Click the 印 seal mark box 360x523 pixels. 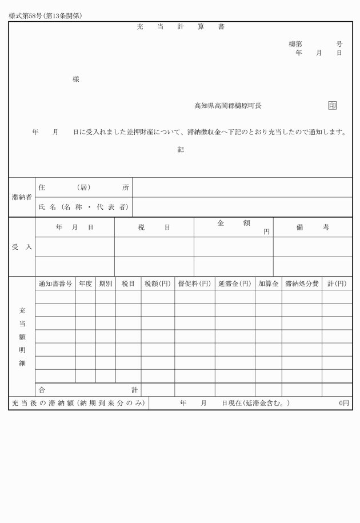point(333,106)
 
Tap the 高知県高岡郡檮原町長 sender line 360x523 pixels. point(228,106)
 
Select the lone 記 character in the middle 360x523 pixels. point(181,150)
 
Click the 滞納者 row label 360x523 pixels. point(22,197)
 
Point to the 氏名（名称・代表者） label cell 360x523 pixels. point(83,207)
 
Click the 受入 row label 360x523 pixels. point(22,247)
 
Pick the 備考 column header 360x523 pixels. point(312,227)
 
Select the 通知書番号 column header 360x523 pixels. point(55,284)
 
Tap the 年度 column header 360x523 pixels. point(85,284)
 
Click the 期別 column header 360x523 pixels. point(105,284)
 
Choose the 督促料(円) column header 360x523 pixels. point(194,284)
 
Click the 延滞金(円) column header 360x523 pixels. point(234,284)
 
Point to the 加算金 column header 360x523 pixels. point(268,284)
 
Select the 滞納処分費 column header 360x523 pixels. point(301,284)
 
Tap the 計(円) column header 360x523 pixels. point(337,284)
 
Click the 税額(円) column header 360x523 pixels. point(158,284)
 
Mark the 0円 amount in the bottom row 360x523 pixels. point(343,404)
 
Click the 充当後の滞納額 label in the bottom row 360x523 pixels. point(78,404)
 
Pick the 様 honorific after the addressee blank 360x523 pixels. point(75,79)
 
